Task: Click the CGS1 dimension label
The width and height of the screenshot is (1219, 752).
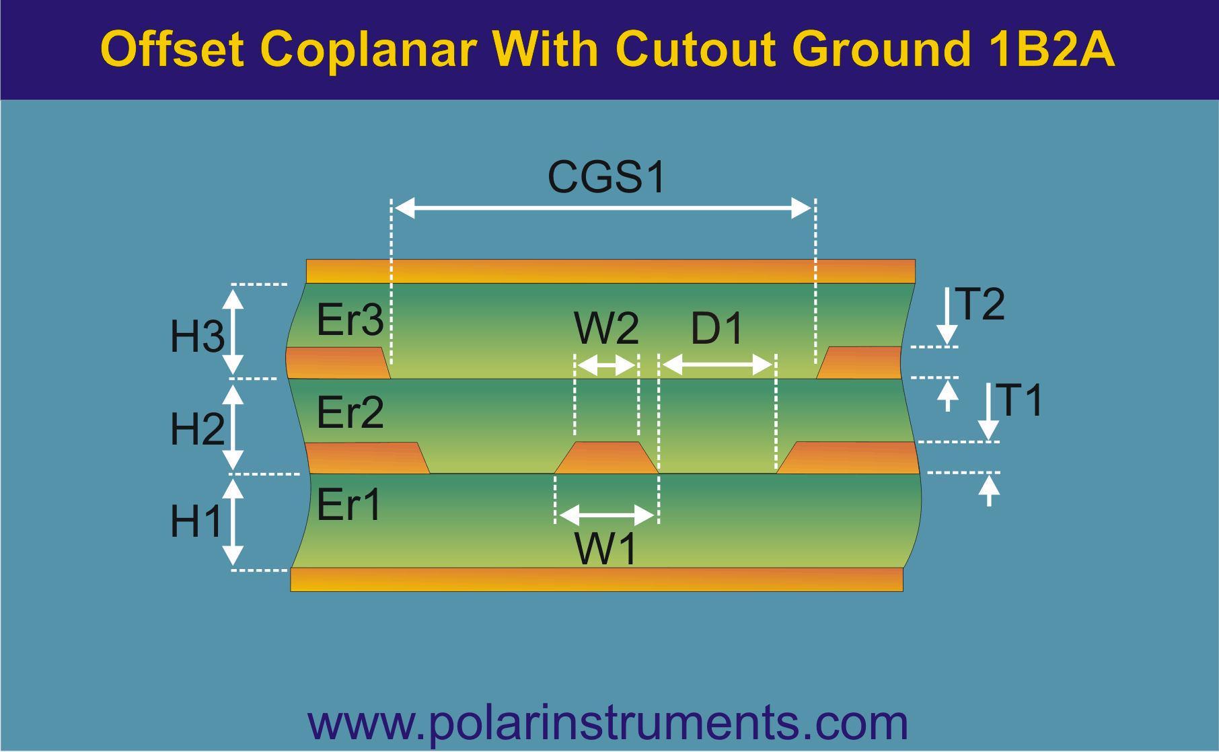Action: tap(607, 177)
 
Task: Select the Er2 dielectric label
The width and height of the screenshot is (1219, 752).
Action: tap(350, 412)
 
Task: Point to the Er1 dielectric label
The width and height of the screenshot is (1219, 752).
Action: tap(348, 504)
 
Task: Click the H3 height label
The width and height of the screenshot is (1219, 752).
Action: tap(197, 336)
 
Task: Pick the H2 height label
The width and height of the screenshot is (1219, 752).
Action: tap(197, 429)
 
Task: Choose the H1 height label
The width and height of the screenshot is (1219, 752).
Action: tap(196, 521)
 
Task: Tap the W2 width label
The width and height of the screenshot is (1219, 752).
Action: tap(606, 328)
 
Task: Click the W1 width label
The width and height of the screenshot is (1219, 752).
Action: tap(605, 549)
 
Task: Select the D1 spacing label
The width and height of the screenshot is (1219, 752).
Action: tap(716, 329)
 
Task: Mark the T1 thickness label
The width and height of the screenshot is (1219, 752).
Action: tap(1019, 400)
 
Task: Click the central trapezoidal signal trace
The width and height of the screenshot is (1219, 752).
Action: tap(606, 458)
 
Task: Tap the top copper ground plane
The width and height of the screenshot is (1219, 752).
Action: tap(611, 271)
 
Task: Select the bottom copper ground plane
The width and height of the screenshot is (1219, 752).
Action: tap(597, 579)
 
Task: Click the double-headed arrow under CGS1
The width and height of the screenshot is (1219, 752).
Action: tap(603, 209)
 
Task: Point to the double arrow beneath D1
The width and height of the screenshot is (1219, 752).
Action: tap(717, 365)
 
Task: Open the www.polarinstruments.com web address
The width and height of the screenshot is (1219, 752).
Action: tap(607, 723)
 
